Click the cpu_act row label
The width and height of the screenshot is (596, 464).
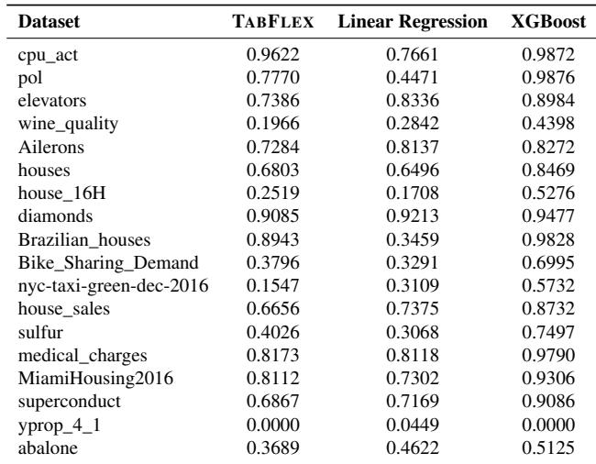pos(46,54)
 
